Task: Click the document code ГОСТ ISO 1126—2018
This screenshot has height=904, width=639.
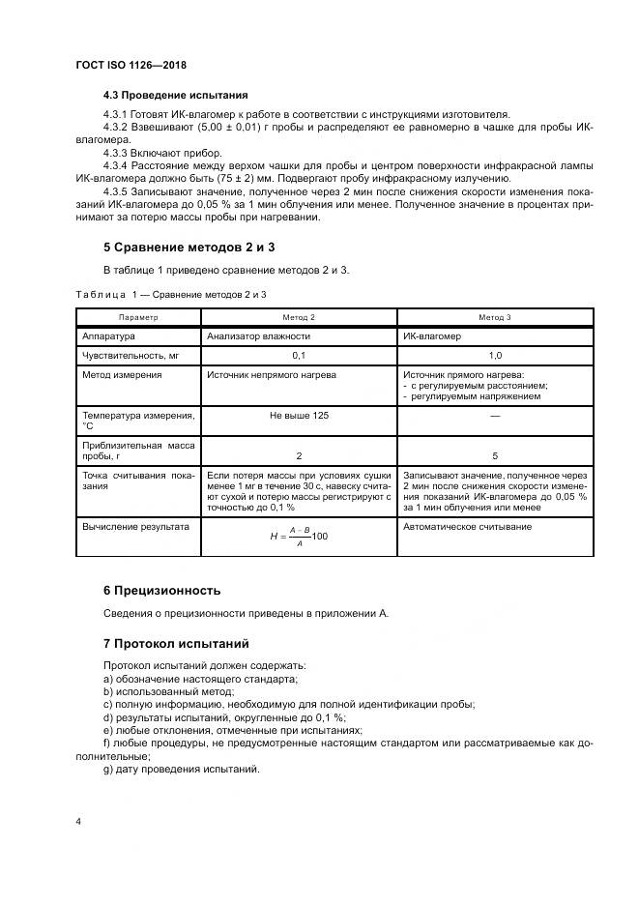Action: pos(131,65)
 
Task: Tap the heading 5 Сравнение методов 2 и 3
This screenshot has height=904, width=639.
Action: pos(176,247)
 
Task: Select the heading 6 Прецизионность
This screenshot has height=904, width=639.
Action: pos(161,590)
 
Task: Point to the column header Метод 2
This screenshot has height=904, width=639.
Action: pos(298,317)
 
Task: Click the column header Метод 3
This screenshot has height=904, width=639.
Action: pos(495,317)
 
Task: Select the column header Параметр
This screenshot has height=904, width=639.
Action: pos(137,317)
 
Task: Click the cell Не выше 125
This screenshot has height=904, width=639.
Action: pos(298,414)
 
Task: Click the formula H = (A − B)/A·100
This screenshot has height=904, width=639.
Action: pos(298,537)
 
